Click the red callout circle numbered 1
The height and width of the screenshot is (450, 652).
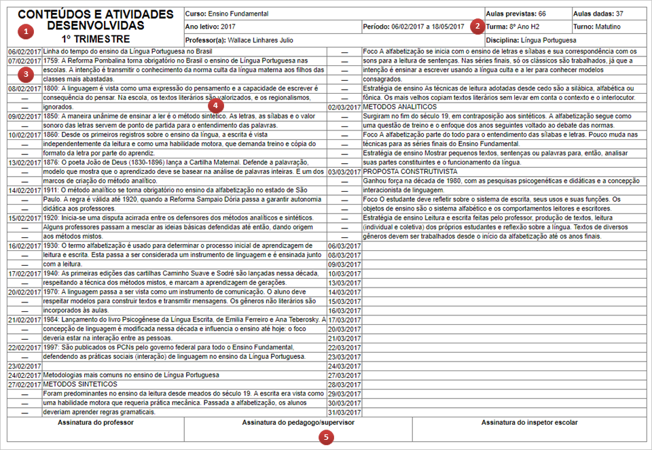point(26,31)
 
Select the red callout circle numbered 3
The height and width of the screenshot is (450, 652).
point(26,73)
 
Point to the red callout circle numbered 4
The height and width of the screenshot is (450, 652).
point(215,105)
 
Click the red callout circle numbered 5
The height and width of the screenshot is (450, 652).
point(328,437)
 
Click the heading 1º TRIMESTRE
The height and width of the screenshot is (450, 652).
point(95,39)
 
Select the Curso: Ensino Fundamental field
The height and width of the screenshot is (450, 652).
point(226,14)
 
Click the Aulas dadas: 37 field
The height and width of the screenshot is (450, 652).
point(598,14)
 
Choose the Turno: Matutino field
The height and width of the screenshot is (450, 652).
point(598,27)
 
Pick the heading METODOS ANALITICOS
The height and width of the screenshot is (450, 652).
point(400,107)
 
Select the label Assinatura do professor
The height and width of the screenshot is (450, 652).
point(96,422)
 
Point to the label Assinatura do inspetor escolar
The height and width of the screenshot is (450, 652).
point(530,422)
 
